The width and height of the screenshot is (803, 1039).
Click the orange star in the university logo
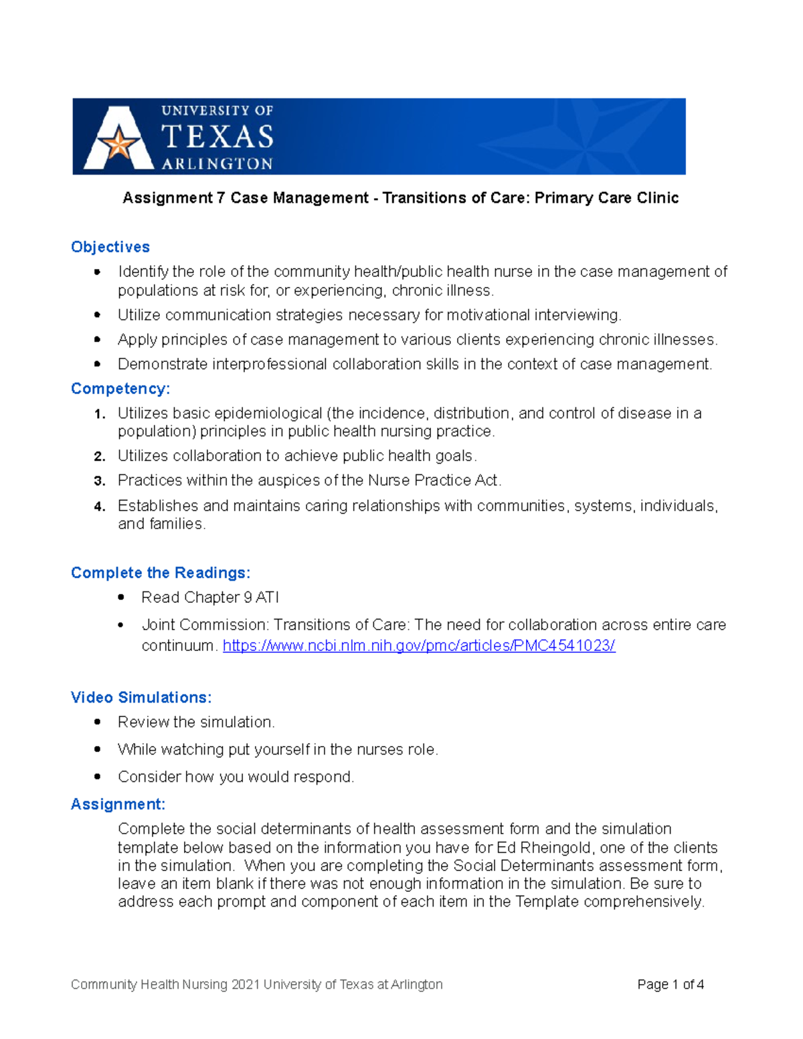[118, 144]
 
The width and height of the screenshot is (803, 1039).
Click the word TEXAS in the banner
[217, 137]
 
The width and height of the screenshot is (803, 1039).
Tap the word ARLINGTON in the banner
[217, 164]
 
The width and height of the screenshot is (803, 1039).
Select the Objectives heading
[110, 247]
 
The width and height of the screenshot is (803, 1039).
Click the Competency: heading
[120, 389]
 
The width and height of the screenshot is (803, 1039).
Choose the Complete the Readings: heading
[161, 573]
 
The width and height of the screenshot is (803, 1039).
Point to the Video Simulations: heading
[141, 697]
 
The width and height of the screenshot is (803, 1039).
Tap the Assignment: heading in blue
[118, 804]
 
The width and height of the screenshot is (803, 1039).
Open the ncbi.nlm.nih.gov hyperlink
[419, 646]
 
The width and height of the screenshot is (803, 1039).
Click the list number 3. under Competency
[100, 481]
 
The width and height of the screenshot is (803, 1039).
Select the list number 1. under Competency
[100, 414]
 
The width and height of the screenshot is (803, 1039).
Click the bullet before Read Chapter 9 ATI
[121, 597]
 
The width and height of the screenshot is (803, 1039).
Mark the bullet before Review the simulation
[98, 722]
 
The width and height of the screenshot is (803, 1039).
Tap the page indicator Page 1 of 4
[670, 984]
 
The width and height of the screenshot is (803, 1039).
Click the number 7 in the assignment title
[221, 198]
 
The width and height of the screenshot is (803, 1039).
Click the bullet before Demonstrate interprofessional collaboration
[98, 364]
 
